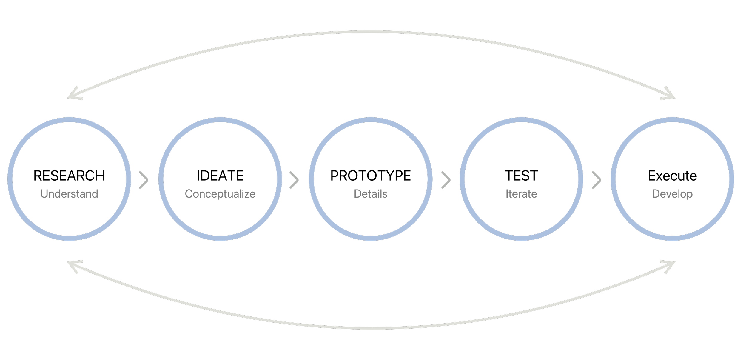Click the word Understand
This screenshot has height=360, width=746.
pyautogui.click(x=69, y=194)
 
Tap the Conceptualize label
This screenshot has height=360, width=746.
pyautogui.click(x=220, y=194)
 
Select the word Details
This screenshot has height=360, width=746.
pyautogui.click(x=371, y=194)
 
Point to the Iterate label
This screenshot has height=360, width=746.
pyautogui.click(x=521, y=194)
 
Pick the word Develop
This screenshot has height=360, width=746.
pyautogui.click(x=672, y=194)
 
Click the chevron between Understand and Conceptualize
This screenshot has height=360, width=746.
pyautogui.click(x=144, y=180)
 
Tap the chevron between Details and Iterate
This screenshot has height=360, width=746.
pyautogui.click(x=446, y=180)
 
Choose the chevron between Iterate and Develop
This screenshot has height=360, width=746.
pyautogui.click(x=597, y=180)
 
